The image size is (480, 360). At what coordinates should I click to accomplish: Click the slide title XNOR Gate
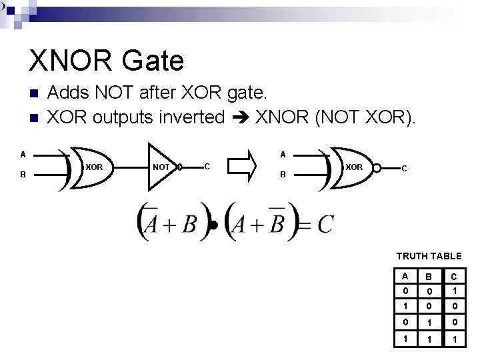click(x=106, y=61)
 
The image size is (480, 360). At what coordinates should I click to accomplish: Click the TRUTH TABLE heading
click(x=429, y=256)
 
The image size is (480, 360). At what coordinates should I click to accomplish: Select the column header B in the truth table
click(x=429, y=277)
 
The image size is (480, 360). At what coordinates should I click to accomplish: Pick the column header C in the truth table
click(x=453, y=277)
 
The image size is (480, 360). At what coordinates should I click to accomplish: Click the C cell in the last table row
click(x=453, y=339)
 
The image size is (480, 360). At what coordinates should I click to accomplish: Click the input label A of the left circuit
click(x=23, y=155)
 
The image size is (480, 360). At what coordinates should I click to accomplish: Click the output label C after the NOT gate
click(x=207, y=165)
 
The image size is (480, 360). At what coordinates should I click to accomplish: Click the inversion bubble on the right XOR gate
click(x=377, y=167)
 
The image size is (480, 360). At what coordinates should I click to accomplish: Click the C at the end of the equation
click(x=325, y=224)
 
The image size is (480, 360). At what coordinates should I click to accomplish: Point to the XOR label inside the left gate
click(x=94, y=166)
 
